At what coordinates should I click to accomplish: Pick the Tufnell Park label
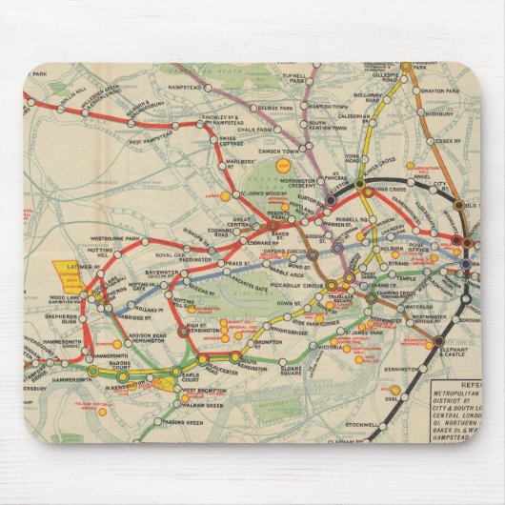(295, 75)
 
